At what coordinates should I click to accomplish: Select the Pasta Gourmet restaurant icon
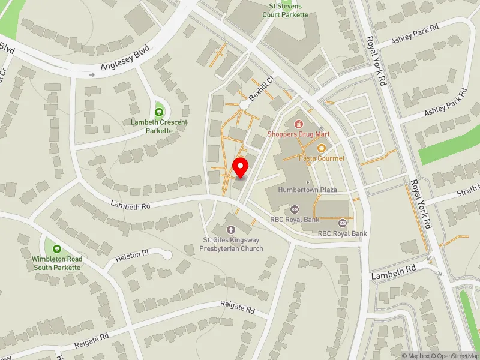click(x=322, y=148)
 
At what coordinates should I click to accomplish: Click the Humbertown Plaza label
click(x=308, y=190)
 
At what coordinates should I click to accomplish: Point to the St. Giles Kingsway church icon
click(x=231, y=229)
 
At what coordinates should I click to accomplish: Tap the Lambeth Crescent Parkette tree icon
click(x=159, y=112)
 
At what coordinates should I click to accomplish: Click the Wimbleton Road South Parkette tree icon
click(x=57, y=249)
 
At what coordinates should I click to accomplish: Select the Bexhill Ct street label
click(x=262, y=91)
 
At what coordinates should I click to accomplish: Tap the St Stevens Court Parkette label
click(x=288, y=10)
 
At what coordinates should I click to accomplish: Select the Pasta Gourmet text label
click(x=322, y=158)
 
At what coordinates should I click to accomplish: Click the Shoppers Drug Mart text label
click(x=298, y=134)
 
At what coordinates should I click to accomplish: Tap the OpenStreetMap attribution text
click(x=455, y=356)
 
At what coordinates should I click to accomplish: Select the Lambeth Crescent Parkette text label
click(x=159, y=127)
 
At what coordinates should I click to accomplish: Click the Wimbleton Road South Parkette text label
click(x=57, y=263)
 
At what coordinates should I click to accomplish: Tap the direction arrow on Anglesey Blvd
click(x=92, y=75)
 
